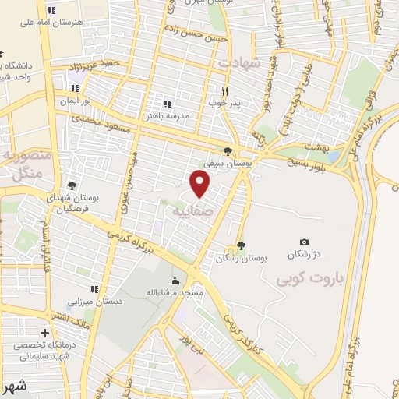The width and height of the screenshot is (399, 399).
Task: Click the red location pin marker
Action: tap(200, 182)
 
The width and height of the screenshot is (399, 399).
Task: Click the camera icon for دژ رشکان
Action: tap(304, 242)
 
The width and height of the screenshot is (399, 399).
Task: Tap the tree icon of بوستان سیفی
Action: tap(228, 152)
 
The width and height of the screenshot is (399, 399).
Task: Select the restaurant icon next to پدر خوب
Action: tap(225, 90)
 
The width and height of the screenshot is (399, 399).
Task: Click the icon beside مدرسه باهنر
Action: tap(166, 103)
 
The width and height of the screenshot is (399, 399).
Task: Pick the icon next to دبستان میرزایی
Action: tap(94, 291)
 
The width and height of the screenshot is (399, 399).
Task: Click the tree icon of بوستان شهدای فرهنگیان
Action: tap(72, 185)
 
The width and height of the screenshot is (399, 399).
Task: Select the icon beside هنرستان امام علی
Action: tap(51, 11)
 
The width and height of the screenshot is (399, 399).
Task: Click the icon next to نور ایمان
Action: tap(76, 88)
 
